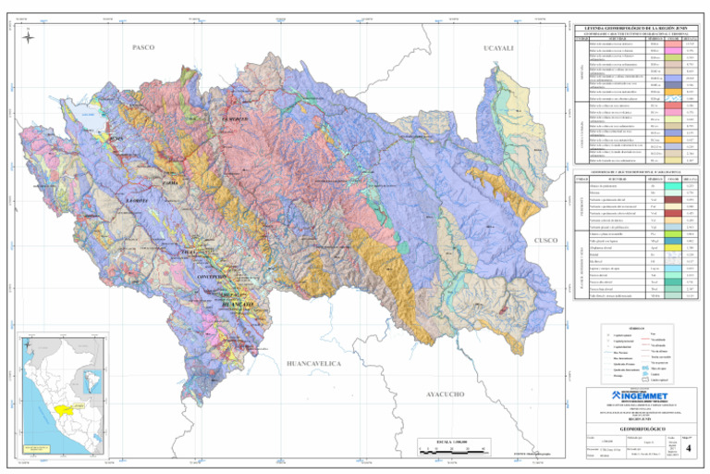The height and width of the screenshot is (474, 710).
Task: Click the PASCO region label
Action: [143, 47]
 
